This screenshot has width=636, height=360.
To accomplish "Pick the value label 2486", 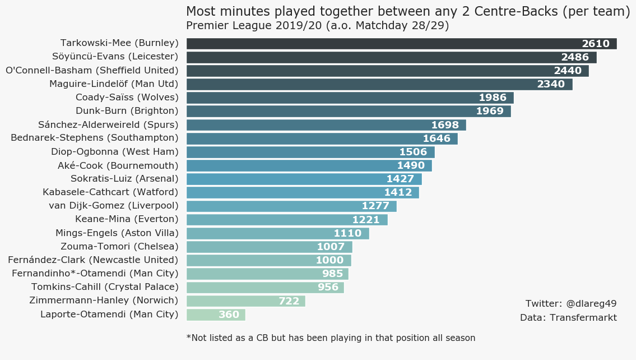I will [x=575, y=57].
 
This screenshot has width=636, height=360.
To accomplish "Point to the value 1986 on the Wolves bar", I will [x=493, y=98].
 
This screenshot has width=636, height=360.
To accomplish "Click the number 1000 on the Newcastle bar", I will [x=329, y=260].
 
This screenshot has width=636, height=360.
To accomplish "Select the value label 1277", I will [x=375, y=206].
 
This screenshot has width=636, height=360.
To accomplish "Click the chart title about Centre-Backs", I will [x=408, y=12].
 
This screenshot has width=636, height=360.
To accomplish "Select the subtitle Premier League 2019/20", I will [x=317, y=26].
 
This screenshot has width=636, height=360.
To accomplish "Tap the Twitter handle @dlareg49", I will [x=571, y=304].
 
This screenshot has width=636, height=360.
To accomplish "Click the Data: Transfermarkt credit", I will [x=568, y=318].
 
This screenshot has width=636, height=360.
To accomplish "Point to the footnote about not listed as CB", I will [x=331, y=338].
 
